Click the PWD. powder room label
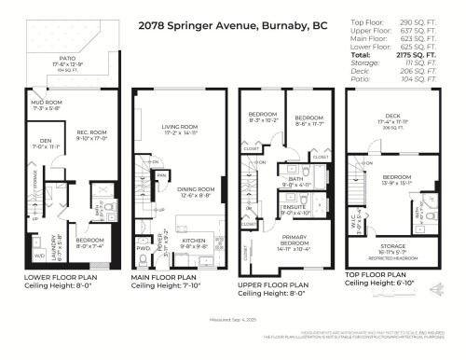(144, 249)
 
